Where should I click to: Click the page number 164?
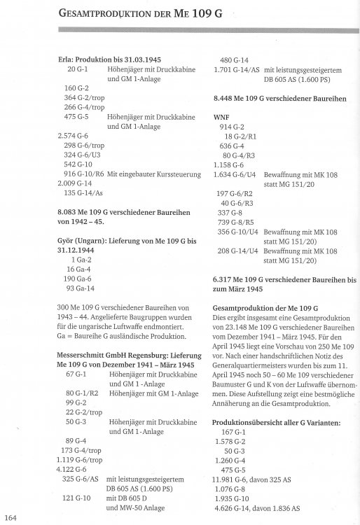pyautogui.click(x=9, y=517)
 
